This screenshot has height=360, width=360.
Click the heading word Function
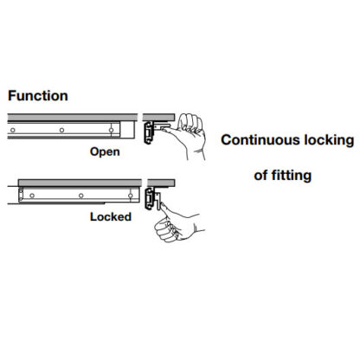pos(38,96)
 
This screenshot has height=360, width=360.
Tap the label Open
pos(105,152)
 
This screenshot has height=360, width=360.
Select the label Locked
pos(111,216)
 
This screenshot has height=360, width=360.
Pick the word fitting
pos(292,176)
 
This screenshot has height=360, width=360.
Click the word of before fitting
pos(260,176)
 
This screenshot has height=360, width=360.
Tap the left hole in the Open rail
pos(13,130)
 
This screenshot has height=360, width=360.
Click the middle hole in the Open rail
pos(61,130)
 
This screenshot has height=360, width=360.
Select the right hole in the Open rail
pos(111,130)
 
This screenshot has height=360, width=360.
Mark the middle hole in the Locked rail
pos(81,196)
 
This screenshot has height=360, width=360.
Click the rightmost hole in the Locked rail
pos(131,196)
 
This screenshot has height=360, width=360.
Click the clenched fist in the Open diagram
pos(190,124)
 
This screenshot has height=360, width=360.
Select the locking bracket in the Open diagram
pos(149,132)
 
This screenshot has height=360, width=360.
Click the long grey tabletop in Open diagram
pos(73,118)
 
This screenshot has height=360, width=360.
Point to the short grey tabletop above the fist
pos(158,118)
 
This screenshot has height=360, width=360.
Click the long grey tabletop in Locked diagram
pos(80,183)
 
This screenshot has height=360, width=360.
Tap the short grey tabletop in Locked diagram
pos(161,183)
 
